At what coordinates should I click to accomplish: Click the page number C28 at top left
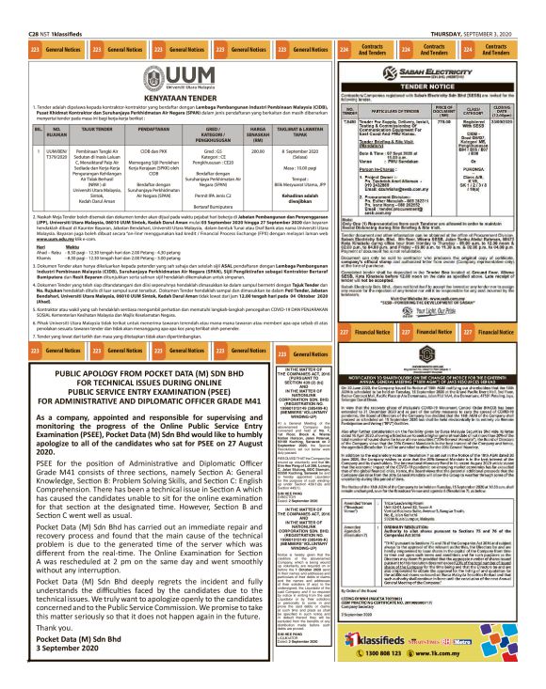pyautogui.click(x=12, y=7)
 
